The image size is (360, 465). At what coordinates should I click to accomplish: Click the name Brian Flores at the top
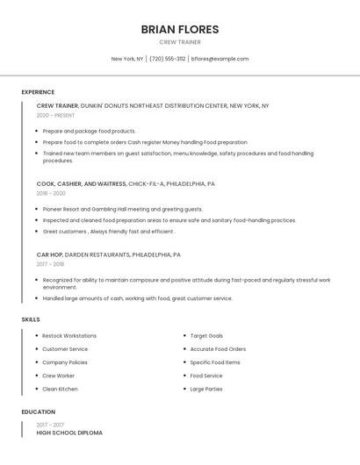(180, 29)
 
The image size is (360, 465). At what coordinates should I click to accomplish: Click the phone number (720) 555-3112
(167, 59)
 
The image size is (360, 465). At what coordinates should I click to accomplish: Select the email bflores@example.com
(220, 59)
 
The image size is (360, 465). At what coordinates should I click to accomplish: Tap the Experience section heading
(38, 92)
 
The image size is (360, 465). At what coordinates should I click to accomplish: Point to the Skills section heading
(31, 319)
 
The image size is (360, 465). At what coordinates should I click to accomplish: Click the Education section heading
(39, 411)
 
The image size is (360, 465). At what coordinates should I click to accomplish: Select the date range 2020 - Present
(55, 115)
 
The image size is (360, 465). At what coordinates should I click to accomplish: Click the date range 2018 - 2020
(51, 193)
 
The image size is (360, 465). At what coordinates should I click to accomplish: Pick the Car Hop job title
(50, 254)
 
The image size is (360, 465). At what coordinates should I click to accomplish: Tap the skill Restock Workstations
(69, 336)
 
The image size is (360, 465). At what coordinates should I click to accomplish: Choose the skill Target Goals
(206, 336)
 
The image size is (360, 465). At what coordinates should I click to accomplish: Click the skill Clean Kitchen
(60, 389)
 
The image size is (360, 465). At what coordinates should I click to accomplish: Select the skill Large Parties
(207, 389)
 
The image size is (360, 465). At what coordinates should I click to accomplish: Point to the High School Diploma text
(69, 433)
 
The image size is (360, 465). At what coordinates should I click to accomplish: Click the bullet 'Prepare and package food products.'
(89, 131)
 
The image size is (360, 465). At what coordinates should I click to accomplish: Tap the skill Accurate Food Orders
(218, 349)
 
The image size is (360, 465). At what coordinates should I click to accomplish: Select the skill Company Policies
(65, 362)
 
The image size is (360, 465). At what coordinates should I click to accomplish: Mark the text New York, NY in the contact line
(126, 59)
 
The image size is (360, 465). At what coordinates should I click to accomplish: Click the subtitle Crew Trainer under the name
(180, 42)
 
